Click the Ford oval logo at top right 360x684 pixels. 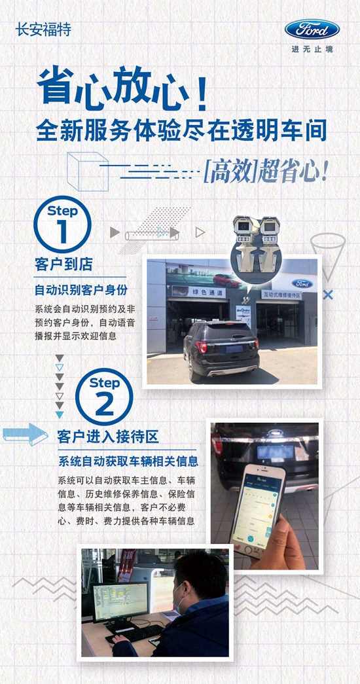click(312, 29)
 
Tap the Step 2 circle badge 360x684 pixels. click(104, 397)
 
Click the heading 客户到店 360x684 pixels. click(63, 264)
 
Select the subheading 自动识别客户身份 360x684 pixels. click(81, 289)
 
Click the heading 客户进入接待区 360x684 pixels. click(107, 436)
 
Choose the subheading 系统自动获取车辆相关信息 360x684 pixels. click(128, 461)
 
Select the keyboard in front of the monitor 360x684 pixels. click(135, 633)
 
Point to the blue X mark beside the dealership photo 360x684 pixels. click(328, 295)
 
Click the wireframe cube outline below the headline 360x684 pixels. click(88, 171)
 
